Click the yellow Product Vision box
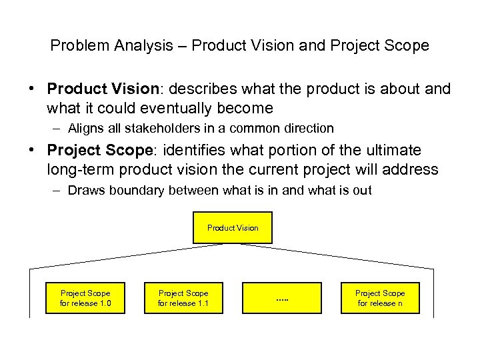click(233, 227)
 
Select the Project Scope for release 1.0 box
click(85, 298)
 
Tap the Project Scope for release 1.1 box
click(183, 298)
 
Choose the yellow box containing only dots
click(281, 298)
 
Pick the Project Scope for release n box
click(380, 298)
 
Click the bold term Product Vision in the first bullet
click(100, 89)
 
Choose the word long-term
click(77, 169)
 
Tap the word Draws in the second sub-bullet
click(83, 191)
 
